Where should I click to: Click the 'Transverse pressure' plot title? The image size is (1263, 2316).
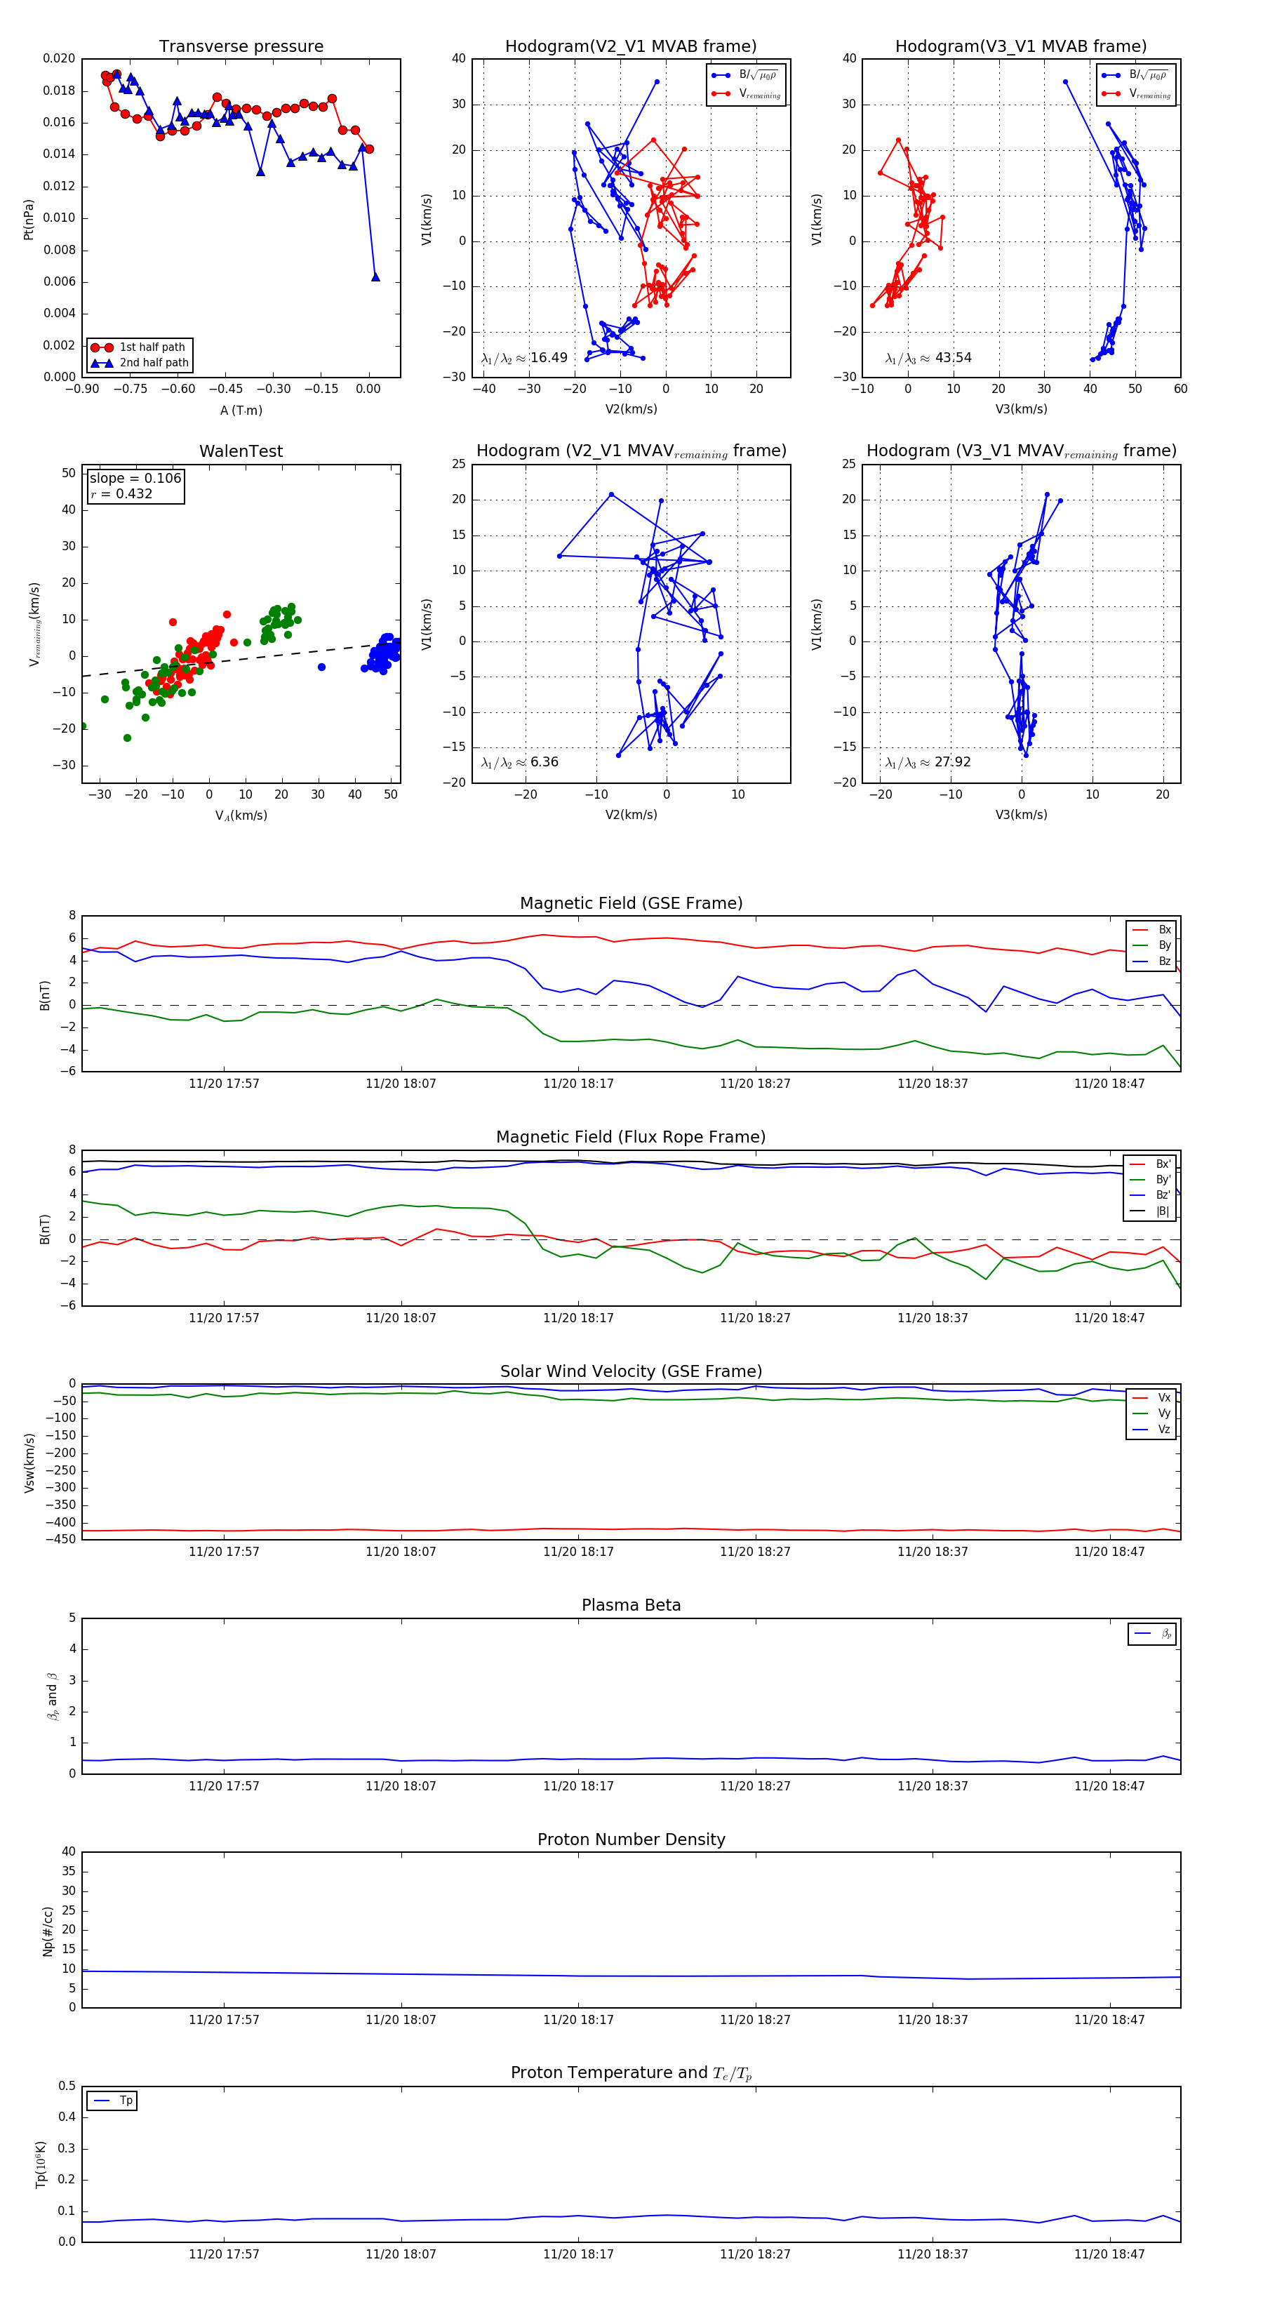pos(241,47)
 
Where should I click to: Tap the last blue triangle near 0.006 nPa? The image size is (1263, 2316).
pos(376,277)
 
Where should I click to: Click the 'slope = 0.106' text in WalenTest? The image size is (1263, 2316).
pos(135,479)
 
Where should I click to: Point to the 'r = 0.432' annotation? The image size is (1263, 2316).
pos(121,493)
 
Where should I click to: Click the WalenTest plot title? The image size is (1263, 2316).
pos(241,451)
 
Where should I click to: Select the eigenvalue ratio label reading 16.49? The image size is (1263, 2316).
pos(525,358)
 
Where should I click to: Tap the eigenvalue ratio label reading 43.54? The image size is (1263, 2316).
pos(928,358)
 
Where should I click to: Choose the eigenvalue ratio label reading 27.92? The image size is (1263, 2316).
pos(928,762)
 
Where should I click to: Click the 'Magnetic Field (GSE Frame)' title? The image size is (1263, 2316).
pos(631,903)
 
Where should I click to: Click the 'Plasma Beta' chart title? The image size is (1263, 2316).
pos(631,1606)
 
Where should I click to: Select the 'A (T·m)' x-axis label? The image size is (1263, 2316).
pos(241,411)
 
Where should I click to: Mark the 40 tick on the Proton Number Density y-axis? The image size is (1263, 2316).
pos(68,1852)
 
